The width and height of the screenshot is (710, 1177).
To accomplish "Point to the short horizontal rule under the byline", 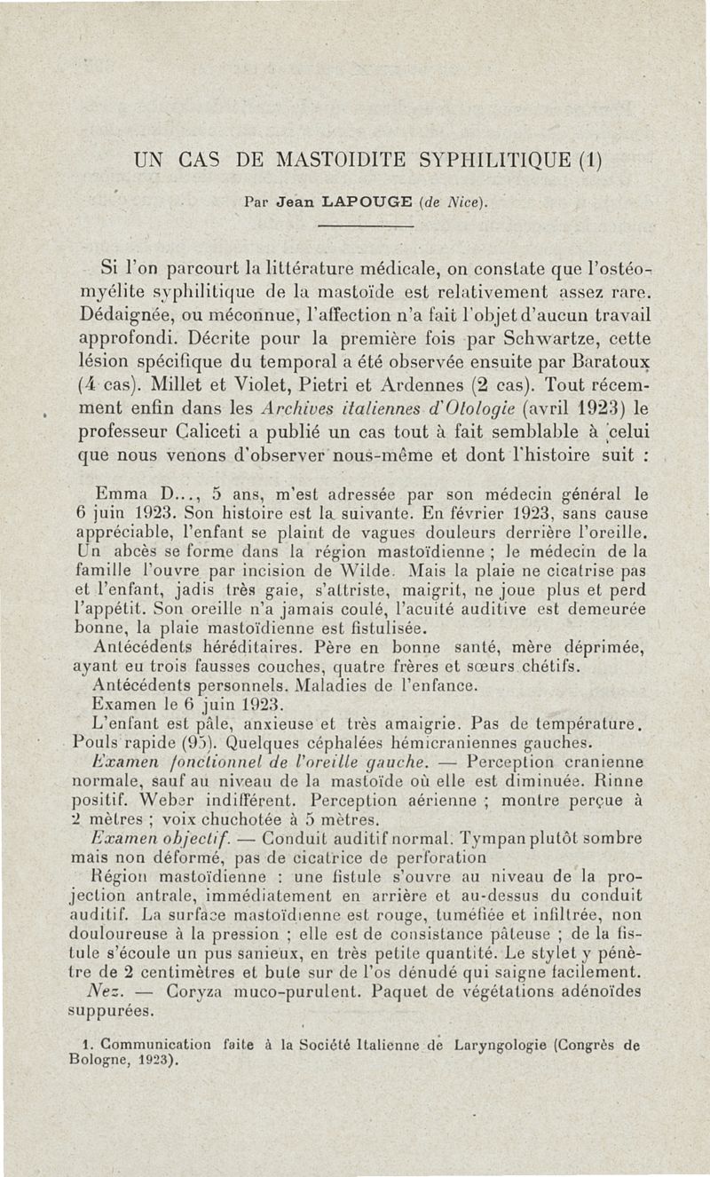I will coord(366,226).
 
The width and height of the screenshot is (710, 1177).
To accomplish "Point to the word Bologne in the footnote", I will coord(94,1059).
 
